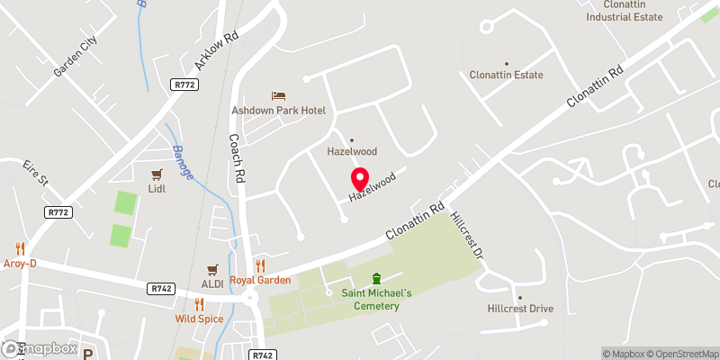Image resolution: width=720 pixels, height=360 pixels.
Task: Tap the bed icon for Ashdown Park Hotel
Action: (x=279, y=95)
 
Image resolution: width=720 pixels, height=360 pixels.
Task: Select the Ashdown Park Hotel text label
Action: (x=279, y=110)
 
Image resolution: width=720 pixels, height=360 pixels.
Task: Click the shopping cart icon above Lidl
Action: (x=157, y=174)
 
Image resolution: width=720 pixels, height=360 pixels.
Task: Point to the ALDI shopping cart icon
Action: (x=213, y=269)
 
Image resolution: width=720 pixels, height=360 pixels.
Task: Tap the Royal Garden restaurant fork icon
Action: (x=260, y=265)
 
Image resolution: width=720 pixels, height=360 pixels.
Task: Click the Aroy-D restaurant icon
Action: (x=21, y=247)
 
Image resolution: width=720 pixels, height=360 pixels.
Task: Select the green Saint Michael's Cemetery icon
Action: (x=377, y=279)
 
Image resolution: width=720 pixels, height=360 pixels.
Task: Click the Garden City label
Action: (x=75, y=56)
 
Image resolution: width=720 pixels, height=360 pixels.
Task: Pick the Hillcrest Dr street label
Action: (x=467, y=236)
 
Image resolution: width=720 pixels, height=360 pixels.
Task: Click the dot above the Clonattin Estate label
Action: (x=505, y=61)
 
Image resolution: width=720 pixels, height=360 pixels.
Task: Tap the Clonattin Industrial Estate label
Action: (x=624, y=10)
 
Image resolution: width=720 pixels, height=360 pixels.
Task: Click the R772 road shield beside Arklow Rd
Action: (x=184, y=84)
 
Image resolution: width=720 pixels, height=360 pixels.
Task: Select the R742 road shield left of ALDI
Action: (x=162, y=288)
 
